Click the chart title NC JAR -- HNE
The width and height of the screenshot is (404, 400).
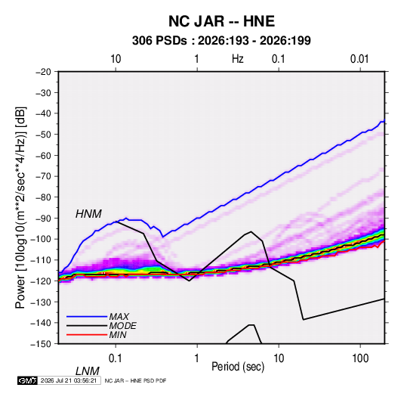(221, 21)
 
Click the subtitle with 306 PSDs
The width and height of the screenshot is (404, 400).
(221, 41)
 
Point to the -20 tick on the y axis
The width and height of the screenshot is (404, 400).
(43, 72)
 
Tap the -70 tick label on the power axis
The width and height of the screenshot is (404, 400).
(43, 176)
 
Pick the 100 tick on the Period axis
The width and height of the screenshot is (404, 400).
(360, 358)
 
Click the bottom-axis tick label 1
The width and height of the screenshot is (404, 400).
(197, 358)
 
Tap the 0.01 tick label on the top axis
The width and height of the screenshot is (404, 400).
(359, 59)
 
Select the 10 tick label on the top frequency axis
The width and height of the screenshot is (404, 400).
(116, 59)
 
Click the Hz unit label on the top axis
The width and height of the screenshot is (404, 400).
(237, 59)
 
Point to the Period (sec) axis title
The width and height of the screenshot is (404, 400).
(238, 367)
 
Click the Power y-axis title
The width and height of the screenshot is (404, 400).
(20, 207)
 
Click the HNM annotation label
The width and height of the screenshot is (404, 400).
(88, 214)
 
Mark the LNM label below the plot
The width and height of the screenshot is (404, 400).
(87, 371)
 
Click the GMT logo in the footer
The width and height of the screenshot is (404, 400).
(27, 380)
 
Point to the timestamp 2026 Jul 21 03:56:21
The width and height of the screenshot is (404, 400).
(69, 380)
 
